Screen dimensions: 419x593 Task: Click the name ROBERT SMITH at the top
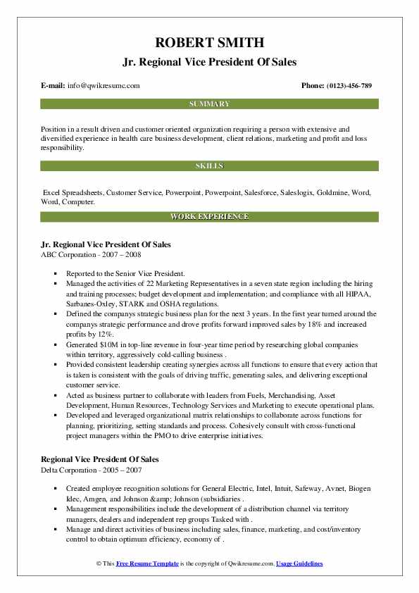(209, 42)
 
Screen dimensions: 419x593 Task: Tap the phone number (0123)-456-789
(346, 85)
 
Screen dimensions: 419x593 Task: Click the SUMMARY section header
(209, 104)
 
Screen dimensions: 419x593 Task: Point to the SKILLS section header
(209, 166)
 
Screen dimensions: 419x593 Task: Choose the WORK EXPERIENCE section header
(209, 216)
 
